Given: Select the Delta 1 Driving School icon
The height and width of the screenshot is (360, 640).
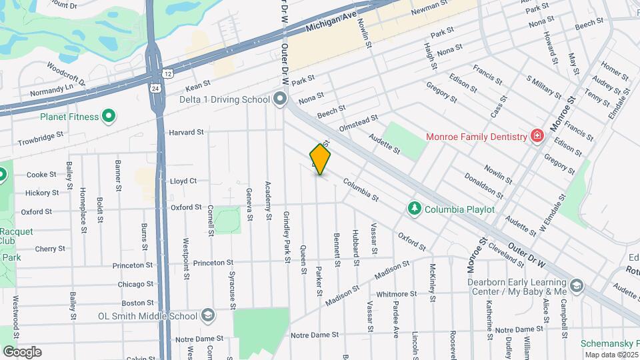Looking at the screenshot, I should [x=280, y=99].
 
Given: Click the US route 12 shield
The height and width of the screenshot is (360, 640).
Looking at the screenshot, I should [x=167, y=72].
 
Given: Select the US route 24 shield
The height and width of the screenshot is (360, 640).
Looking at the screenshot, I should [x=155, y=87].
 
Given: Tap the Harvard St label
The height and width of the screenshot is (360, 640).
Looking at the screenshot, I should [x=186, y=132].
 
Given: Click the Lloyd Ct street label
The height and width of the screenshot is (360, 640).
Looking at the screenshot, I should [x=183, y=181].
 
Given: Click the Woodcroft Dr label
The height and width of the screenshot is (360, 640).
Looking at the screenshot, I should [x=67, y=73].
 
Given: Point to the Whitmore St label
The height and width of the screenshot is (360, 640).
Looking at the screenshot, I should [x=396, y=293].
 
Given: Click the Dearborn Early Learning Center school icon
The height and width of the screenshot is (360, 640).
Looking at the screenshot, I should [x=577, y=287].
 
